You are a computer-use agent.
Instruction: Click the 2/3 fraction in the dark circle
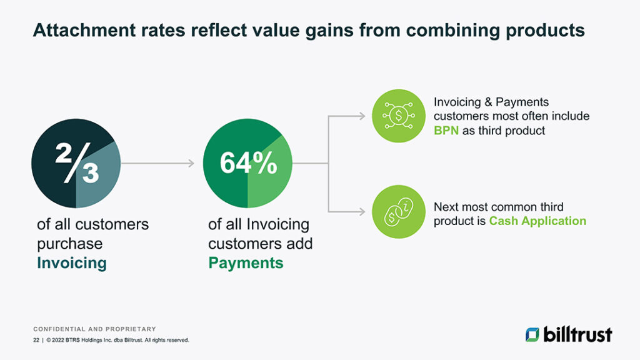(76, 164)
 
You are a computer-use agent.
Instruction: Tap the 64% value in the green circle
(247, 164)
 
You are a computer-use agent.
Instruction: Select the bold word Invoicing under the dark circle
(71, 262)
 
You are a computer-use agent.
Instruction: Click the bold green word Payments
(246, 262)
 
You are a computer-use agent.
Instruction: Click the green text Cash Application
(537, 221)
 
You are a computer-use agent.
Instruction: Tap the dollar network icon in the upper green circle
(399, 116)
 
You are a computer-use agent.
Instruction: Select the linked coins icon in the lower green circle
(399, 212)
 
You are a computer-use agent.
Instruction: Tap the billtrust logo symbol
(532, 334)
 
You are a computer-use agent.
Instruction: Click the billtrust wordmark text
(577, 334)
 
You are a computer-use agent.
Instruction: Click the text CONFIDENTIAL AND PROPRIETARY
(94, 329)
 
